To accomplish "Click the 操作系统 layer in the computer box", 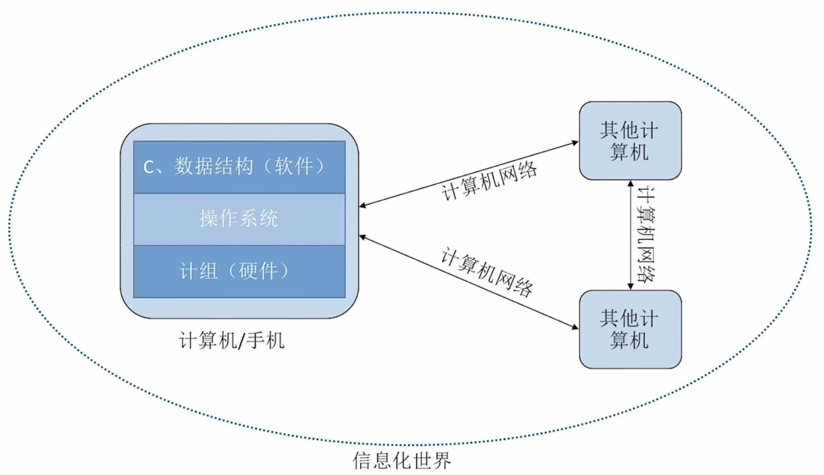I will [x=239, y=218].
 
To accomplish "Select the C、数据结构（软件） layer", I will [x=239, y=167].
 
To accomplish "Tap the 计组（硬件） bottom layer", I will [x=239, y=271].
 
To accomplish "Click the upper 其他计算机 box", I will [x=630, y=141].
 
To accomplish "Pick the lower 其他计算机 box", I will [x=630, y=329].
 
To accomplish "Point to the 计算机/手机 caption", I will [x=231, y=341].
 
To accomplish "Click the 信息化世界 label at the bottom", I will [x=401, y=460].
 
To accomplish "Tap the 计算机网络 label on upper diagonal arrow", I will [x=489, y=180].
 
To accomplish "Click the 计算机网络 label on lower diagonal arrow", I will [x=487, y=273].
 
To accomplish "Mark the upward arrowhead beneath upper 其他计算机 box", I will [x=630, y=185].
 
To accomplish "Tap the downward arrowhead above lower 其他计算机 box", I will [x=630, y=285].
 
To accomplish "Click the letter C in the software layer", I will [x=149, y=168].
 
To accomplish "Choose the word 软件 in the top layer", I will [x=293, y=167].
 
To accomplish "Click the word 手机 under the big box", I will [x=266, y=341].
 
